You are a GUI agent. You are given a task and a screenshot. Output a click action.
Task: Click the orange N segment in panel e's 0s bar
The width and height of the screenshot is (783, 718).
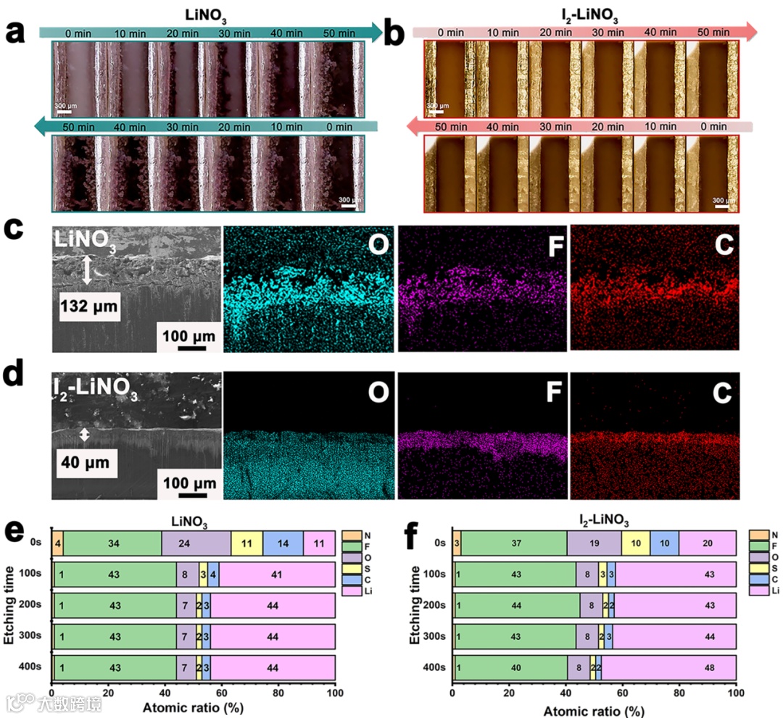[57, 543]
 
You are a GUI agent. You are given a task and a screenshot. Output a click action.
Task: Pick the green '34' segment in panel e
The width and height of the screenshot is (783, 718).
[112, 543]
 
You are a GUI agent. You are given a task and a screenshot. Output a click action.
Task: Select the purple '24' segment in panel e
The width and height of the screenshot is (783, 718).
[196, 543]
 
